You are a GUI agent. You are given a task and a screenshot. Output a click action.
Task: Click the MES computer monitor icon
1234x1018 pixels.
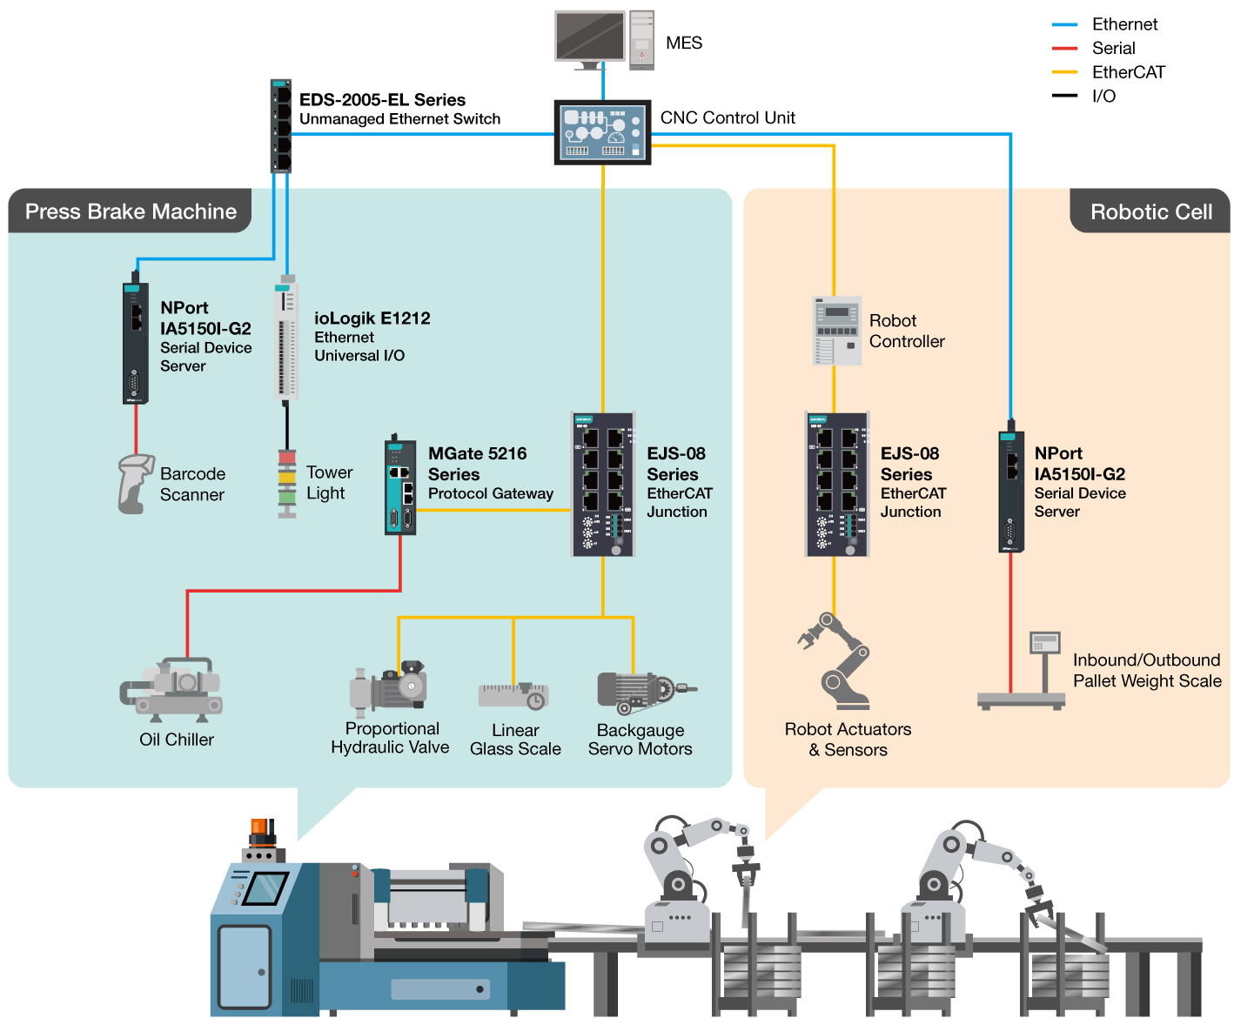(x=590, y=37)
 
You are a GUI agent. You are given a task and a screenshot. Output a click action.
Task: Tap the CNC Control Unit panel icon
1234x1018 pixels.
(x=602, y=132)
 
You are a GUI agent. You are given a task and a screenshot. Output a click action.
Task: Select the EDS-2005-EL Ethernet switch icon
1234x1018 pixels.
(x=280, y=126)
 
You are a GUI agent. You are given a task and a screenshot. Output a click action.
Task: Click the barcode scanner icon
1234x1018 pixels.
(x=135, y=483)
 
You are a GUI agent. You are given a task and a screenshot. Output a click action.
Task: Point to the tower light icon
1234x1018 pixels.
(x=287, y=484)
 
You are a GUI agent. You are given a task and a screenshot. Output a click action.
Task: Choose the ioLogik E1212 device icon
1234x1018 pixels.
(x=285, y=339)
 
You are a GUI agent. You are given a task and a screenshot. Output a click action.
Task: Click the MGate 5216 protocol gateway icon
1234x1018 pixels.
(x=400, y=487)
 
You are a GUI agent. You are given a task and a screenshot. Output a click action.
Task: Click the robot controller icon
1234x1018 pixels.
(x=836, y=331)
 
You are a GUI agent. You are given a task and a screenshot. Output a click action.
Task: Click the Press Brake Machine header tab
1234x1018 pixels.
(x=131, y=211)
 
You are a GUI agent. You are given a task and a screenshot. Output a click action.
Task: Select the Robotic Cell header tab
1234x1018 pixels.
(x=1150, y=212)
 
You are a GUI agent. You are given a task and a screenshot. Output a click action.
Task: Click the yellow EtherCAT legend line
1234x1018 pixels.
(x=1064, y=72)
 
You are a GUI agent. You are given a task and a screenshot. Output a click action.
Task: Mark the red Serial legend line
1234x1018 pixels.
(x=1064, y=49)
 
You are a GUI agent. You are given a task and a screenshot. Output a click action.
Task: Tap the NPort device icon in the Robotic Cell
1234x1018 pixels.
(x=1011, y=492)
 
